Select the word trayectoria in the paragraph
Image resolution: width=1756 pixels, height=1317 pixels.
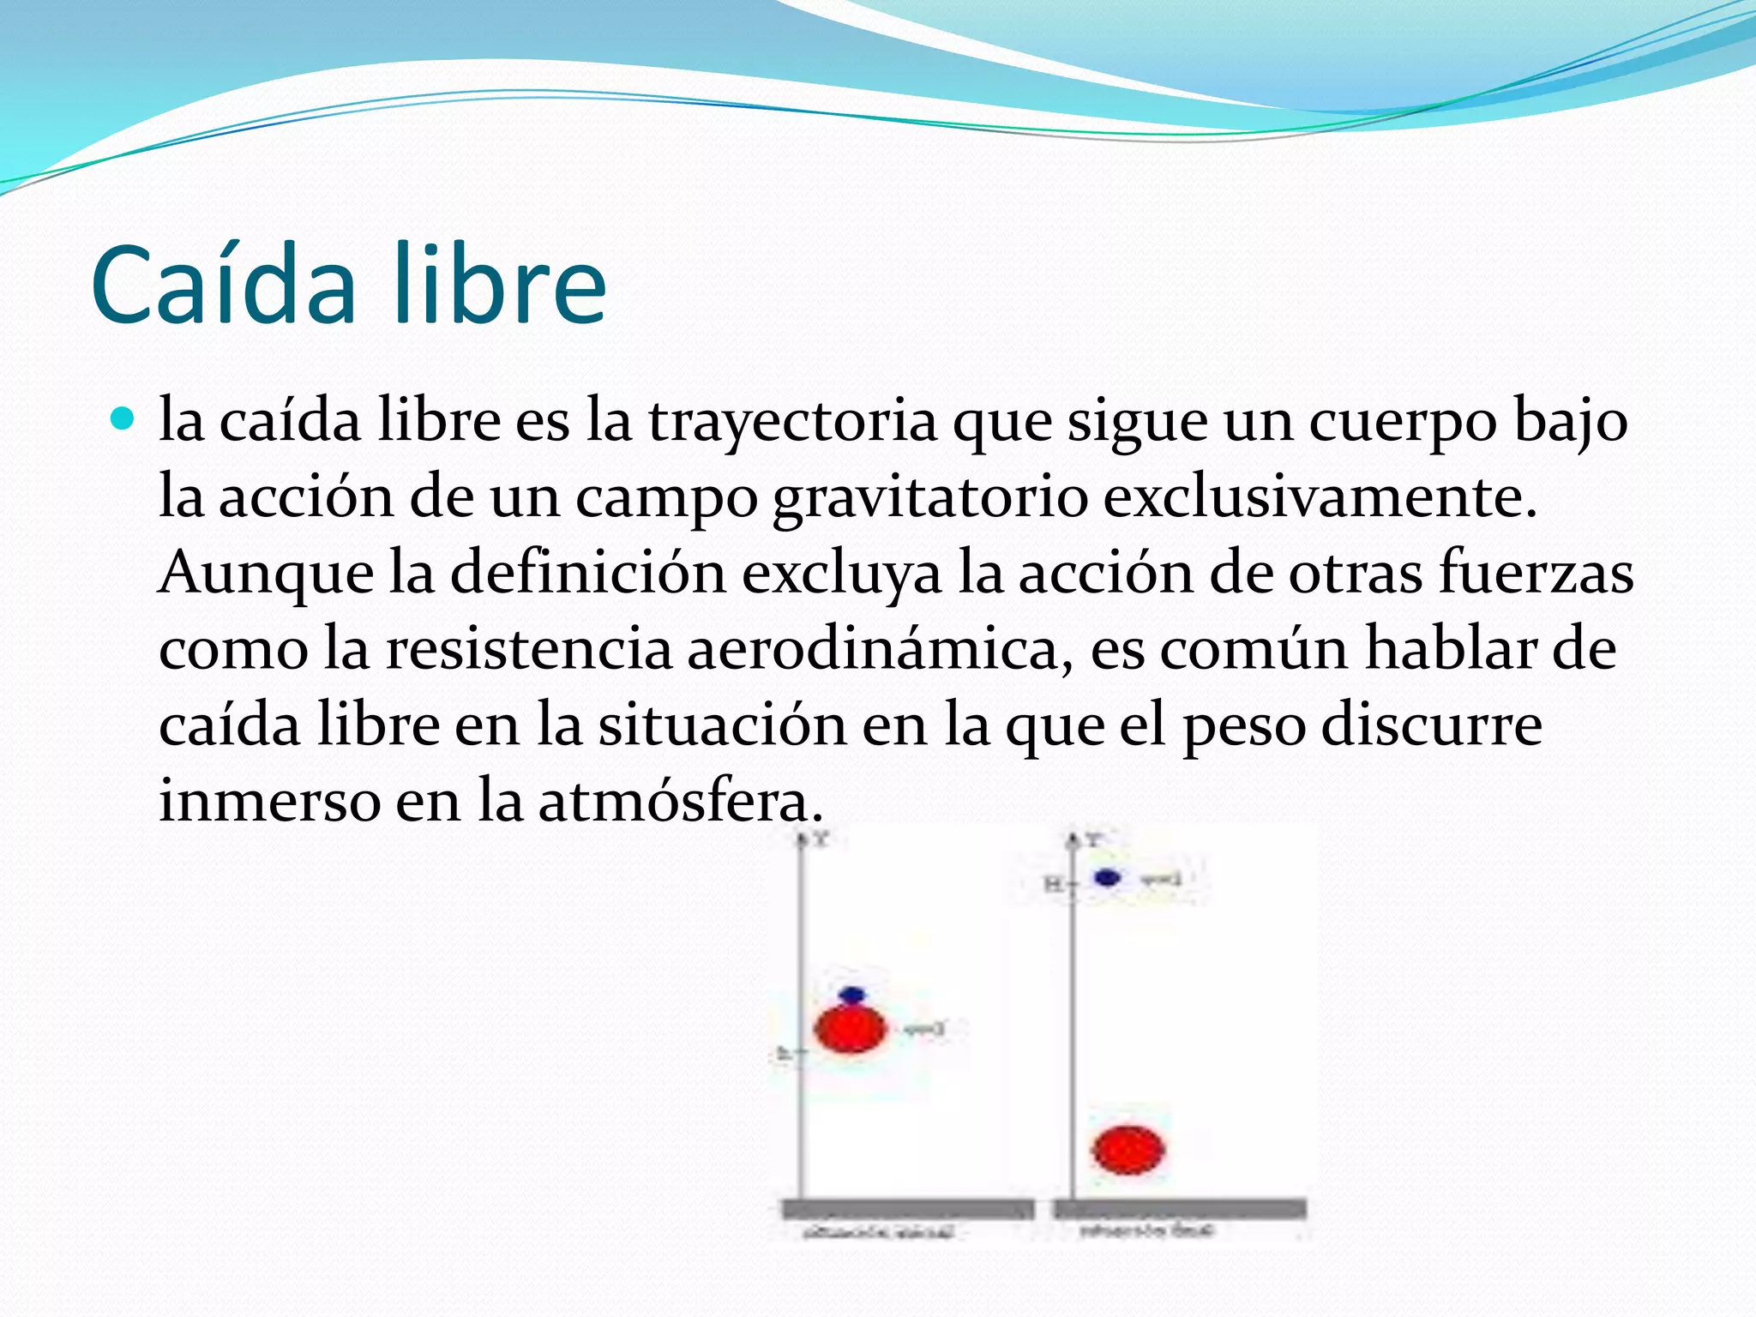point(792,423)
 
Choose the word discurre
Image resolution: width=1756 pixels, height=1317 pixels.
point(1431,725)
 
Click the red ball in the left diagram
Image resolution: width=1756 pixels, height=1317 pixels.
point(850,1029)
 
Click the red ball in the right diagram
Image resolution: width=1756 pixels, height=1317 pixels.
point(1128,1150)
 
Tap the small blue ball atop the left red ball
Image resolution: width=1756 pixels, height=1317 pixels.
point(852,995)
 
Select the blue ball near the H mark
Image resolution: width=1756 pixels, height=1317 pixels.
point(1108,878)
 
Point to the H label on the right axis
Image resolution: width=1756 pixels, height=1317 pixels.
point(1052,883)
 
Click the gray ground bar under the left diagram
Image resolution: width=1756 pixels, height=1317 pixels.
point(907,1210)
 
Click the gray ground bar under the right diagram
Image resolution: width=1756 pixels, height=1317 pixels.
point(1180,1209)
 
